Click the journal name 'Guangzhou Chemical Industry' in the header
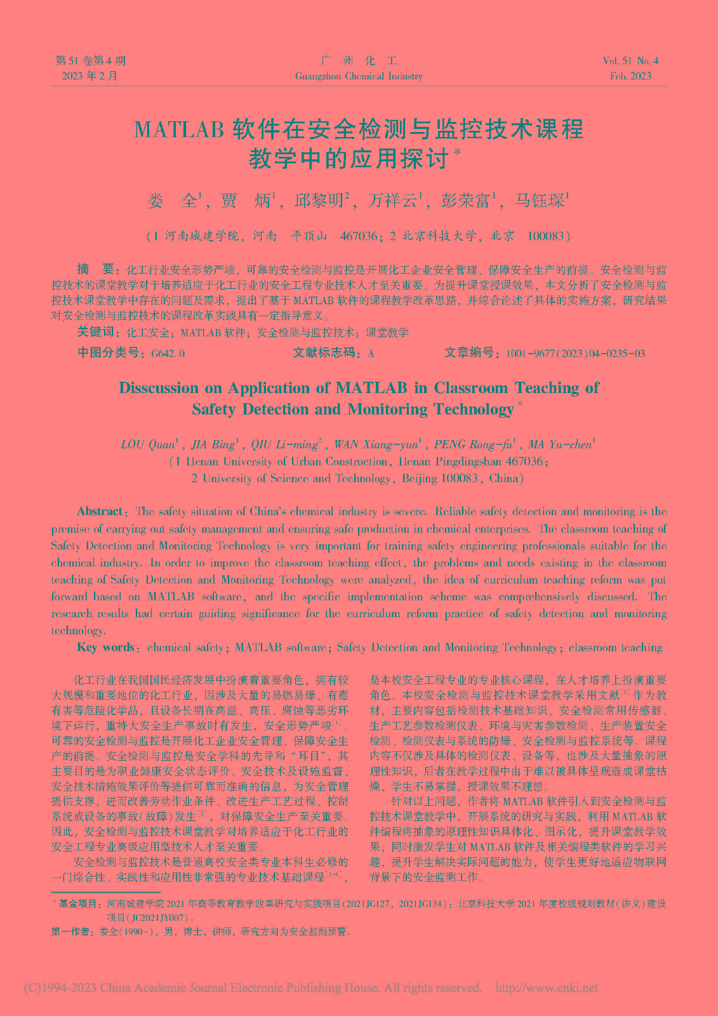[359, 76]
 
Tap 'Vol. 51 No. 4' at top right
[630, 61]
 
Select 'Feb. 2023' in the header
[630, 76]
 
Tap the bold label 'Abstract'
[100, 511]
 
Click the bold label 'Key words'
[105, 648]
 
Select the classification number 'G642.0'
[168, 354]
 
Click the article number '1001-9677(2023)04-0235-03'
[575, 354]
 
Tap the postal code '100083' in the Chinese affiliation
[546, 236]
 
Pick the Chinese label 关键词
[95, 332]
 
